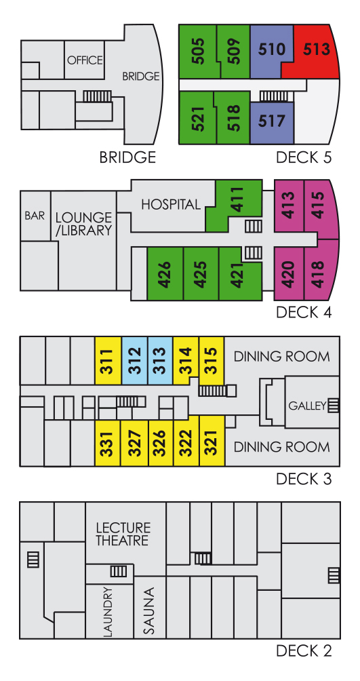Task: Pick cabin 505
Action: (197, 52)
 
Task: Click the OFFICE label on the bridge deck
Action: (85, 60)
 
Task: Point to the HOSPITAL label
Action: (171, 204)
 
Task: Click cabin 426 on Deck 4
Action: (165, 273)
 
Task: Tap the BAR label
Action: (35, 216)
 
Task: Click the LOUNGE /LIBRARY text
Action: (84, 224)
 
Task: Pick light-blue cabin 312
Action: (135, 360)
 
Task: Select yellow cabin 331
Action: (108, 443)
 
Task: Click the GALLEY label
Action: (307, 406)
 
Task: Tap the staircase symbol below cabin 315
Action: (213, 391)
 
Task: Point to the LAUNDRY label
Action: (108, 612)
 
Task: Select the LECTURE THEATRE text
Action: (123, 534)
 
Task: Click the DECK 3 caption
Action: (304, 479)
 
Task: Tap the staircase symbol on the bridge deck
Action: (97, 96)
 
